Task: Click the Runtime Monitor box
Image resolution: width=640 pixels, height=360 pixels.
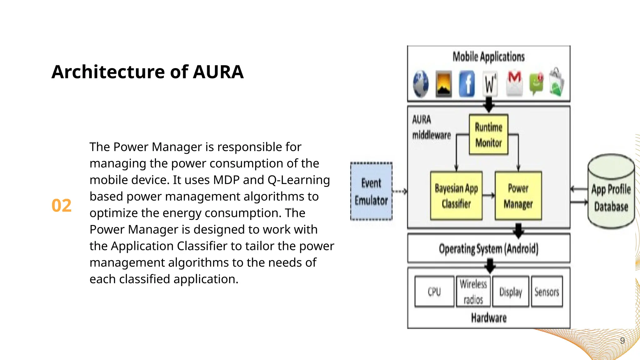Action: click(x=488, y=135)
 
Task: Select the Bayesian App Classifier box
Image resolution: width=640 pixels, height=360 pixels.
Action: click(x=456, y=196)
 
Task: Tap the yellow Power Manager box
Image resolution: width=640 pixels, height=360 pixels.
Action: click(x=518, y=196)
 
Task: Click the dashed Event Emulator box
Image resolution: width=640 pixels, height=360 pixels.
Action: click(x=371, y=191)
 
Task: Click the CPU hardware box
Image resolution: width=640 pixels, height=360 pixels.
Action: click(x=434, y=292)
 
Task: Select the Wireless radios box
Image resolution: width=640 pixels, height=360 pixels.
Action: click(x=473, y=292)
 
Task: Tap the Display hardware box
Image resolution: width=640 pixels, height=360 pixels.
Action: click(x=511, y=292)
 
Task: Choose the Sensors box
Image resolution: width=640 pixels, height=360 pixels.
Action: click(x=547, y=292)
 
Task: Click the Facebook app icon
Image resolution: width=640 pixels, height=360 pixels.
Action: click(x=467, y=84)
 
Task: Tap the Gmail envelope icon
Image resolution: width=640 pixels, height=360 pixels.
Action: click(x=514, y=83)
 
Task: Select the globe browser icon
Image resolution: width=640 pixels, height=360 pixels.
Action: click(x=421, y=84)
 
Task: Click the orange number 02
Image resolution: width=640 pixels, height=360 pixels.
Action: click(x=62, y=206)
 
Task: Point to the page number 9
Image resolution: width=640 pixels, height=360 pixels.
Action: click(x=622, y=341)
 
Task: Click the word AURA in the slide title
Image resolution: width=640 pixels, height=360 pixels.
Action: click(x=218, y=72)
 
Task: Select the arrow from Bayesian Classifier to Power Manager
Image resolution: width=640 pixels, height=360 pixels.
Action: click(x=488, y=196)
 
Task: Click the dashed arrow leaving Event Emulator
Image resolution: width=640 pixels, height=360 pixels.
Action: click(x=400, y=191)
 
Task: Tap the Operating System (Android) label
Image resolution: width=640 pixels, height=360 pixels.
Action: click(x=488, y=249)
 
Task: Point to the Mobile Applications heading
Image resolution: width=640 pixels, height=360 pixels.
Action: click(x=488, y=57)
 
